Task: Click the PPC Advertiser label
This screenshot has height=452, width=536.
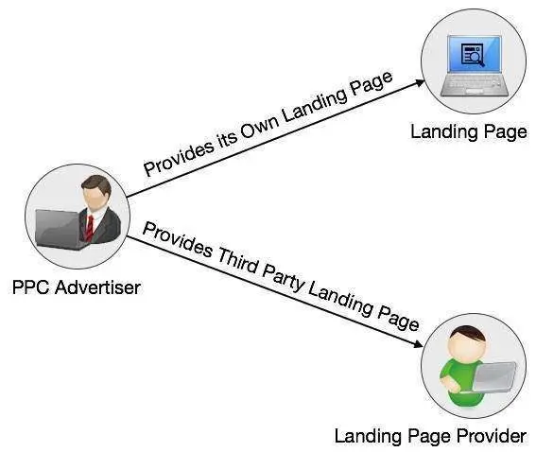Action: pyautogui.click(x=76, y=287)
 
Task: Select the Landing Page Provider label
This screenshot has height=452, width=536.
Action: pyautogui.click(x=429, y=436)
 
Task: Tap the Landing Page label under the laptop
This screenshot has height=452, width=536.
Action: pyautogui.click(x=469, y=131)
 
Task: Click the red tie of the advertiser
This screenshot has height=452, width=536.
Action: pyautogui.click(x=90, y=227)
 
